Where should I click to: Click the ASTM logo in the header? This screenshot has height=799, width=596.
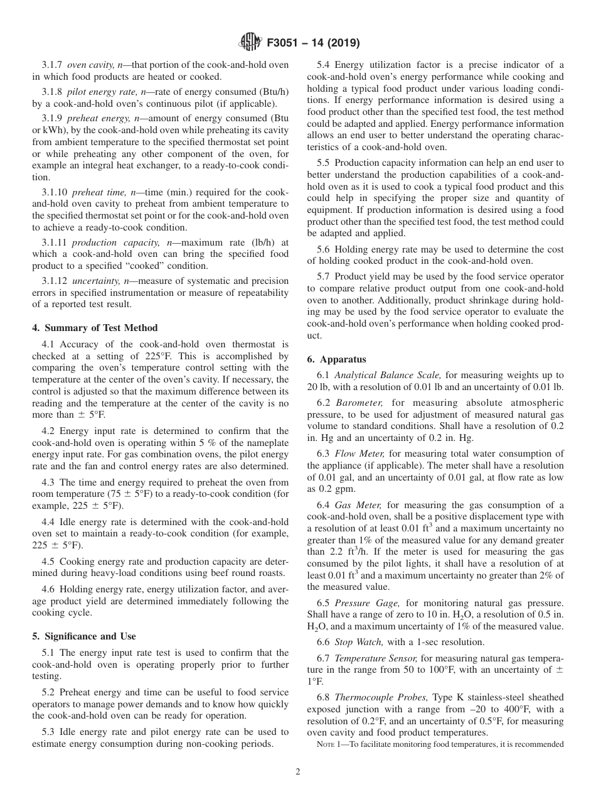coord(251,43)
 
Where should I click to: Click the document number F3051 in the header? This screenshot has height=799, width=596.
coord(284,43)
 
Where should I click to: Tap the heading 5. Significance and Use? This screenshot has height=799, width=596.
coord(88,636)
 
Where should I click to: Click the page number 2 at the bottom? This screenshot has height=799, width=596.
coord(298,773)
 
